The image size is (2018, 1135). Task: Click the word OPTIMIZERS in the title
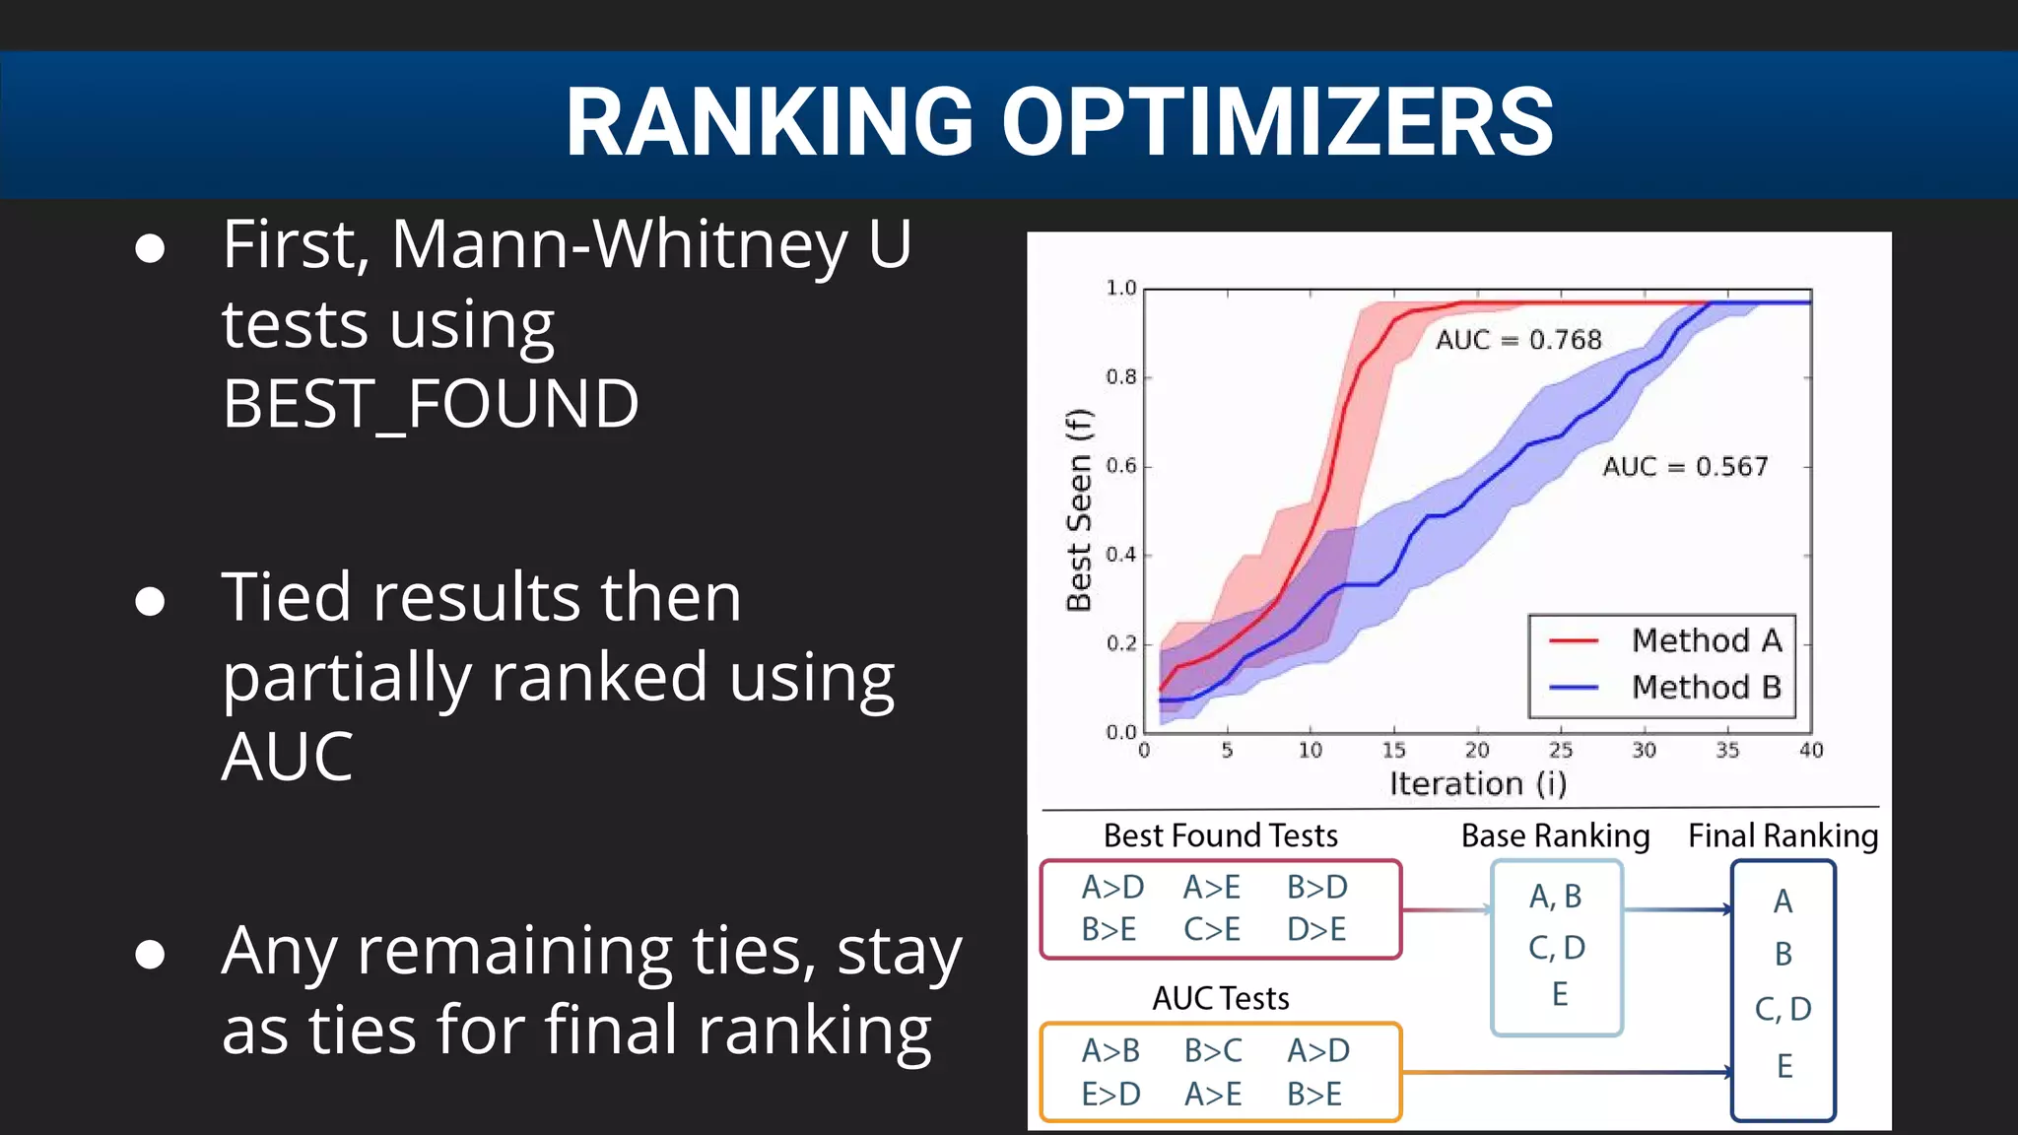coord(1277,122)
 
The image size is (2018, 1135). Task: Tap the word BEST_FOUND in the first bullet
coord(431,404)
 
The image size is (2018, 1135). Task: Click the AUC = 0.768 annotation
coord(1518,340)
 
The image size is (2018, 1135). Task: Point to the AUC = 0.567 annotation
coord(1685,466)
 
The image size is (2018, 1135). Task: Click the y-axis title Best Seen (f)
coord(1080,509)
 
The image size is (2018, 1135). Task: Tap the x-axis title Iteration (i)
coord(1478,784)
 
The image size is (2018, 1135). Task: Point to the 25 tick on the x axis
coord(1560,751)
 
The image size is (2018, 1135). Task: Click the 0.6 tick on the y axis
coord(1120,466)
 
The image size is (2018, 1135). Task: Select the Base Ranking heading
coord(1555,836)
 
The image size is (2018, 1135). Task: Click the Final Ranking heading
coord(1783,836)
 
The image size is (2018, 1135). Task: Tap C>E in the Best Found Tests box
coord(1212,929)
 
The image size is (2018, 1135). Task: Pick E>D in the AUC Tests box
coord(1110,1094)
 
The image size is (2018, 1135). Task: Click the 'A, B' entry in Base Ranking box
coord(1555,897)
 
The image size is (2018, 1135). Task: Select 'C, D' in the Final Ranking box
coord(1783,1009)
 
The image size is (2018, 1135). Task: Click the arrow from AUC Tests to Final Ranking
coord(1567,1072)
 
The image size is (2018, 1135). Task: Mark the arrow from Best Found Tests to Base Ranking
coord(1446,909)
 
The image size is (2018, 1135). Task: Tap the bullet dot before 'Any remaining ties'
coord(150,954)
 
